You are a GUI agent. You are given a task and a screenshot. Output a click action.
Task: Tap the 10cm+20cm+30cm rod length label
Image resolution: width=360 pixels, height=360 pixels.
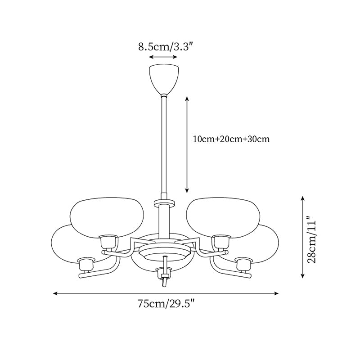[x=231, y=139]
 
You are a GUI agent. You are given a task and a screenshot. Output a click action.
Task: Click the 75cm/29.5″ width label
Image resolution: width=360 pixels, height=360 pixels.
[x=166, y=305]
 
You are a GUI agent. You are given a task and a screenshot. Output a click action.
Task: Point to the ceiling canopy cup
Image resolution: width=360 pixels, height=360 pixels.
[x=164, y=78]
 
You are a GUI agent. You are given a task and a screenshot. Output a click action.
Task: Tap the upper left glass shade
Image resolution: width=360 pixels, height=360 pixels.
[x=107, y=216]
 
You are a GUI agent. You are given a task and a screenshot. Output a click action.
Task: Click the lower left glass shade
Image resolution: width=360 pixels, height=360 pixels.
[x=72, y=243]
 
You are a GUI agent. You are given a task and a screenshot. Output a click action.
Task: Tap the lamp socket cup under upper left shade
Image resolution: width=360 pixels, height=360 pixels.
[x=108, y=242]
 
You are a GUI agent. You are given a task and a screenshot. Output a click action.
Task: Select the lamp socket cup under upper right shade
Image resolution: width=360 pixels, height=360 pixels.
[x=221, y=242]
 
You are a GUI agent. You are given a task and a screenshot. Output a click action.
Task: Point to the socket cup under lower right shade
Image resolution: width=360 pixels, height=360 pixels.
[x=243, y=264]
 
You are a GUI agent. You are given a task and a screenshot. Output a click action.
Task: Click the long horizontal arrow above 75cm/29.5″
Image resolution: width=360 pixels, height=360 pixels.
[x=166, y=293]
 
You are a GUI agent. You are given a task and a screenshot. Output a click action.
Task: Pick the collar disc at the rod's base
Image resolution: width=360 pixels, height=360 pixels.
[x=164, y=202]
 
